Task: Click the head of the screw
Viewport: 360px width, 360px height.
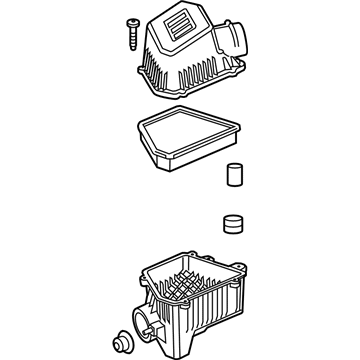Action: point(131,21)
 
